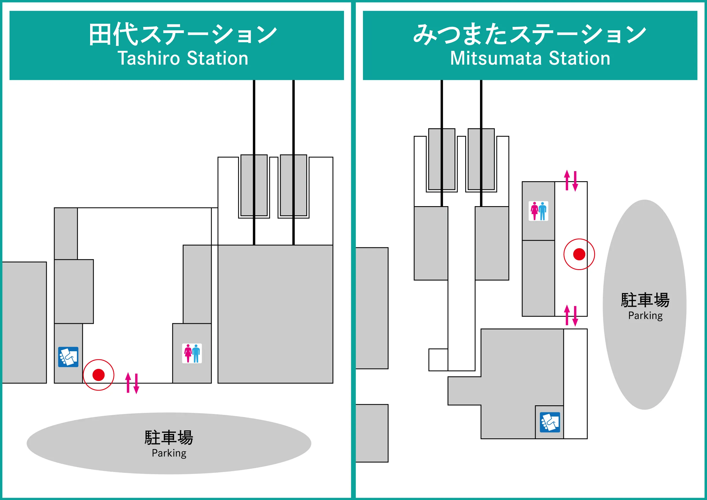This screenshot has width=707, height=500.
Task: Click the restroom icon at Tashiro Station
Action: (x=192, y=353)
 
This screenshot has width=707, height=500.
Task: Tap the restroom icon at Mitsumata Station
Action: (x=538, y=211)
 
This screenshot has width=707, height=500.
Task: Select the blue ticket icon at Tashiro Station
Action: (x=68, y=357)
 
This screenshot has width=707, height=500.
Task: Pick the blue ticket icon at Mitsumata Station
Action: (x=550, y=422)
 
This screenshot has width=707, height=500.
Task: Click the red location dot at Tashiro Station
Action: (x=99, y=375)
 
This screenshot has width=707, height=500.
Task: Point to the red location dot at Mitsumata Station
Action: (x=579, y=254)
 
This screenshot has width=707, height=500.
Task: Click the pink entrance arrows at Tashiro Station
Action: (x=132, y=383)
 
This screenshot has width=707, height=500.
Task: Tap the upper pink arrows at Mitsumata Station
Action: (x=571, y=181)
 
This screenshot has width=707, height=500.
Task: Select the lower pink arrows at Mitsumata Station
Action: (x=571, y=316)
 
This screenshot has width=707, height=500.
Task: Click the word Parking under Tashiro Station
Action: (x=169, y=453)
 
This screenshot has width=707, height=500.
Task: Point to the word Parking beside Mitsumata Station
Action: (x=645, y=316)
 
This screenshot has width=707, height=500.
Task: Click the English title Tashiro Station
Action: (x=183, y=58)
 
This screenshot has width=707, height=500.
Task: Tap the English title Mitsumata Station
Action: (x=530, y=58)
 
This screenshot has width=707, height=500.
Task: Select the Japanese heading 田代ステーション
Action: (x=183, y=34)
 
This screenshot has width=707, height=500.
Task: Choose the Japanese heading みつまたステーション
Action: (x=530, y=34)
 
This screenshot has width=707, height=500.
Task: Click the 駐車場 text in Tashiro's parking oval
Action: (x=169, y=438)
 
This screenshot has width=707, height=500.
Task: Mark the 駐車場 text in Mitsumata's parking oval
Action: (x=645, y=300)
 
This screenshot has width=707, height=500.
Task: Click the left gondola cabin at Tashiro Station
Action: (x=254, y=185)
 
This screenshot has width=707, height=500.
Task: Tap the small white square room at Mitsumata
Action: (x=438, y=360)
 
